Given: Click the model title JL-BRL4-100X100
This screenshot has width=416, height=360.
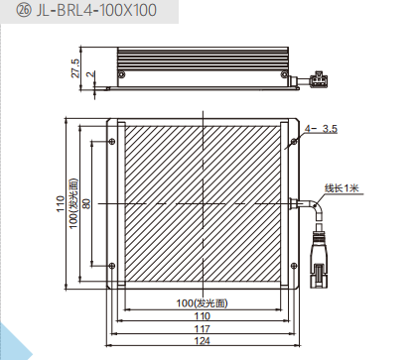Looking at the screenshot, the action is tap(96, 10).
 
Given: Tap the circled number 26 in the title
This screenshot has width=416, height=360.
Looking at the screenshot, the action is tap(24, 11).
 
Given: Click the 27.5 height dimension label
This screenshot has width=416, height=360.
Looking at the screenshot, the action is tap(75, 68).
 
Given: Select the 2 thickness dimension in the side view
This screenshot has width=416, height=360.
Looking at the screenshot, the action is tap(90, 74).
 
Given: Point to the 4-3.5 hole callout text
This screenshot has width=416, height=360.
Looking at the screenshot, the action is tap(321, 129).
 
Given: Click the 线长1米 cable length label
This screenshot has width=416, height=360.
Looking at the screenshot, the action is tap(342, 188).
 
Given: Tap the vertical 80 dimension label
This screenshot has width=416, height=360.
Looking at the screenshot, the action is tap(86, 203).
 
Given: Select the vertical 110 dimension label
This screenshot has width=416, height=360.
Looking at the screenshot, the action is tap(61, 203).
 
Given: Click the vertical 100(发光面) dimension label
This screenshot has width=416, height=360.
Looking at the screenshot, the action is tap(73, 203).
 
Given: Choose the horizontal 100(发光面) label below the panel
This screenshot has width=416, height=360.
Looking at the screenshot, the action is tap(202, 303).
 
